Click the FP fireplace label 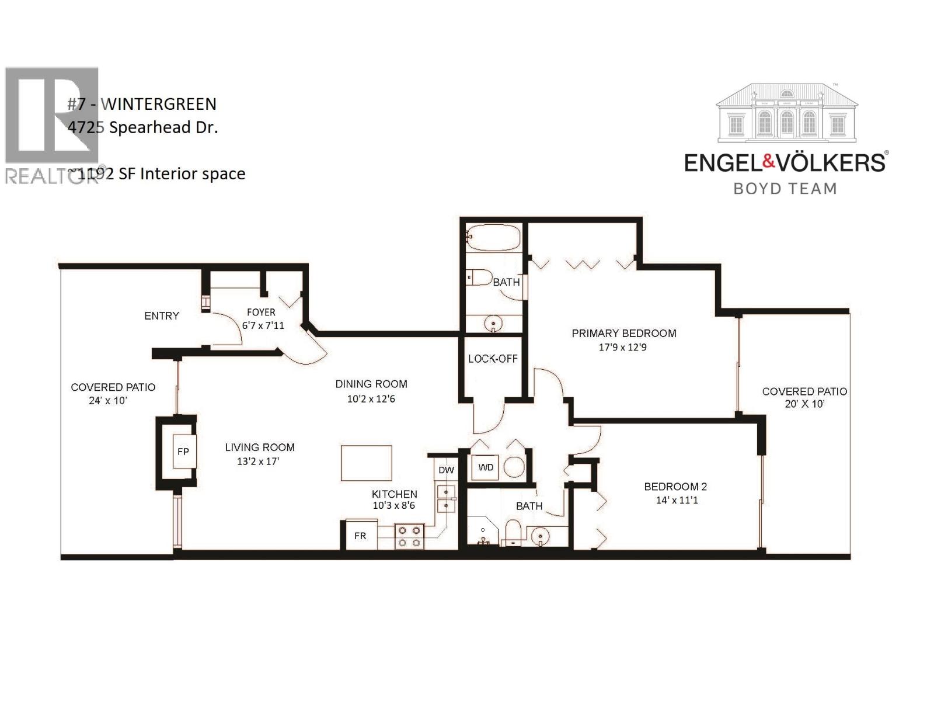pyautogui.click(x=183, y=452)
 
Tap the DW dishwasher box pyautogui.click(x=446, y=470)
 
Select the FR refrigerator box pyautogui.click(x=360, y=536)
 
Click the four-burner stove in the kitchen pyautogui.click(x=409, y=536)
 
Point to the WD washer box pyautogui.click(x=486, y=467)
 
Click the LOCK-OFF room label pyautogui.click(x=493, y=359)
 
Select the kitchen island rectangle pyautogui.click(x=366, y=463)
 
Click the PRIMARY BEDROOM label pyautogui.click(x=623, y=333)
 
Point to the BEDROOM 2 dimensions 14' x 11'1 pyautogui.click(x=677, y=500)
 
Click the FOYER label pyautogui.click(x=261, y=313)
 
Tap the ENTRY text pyautogui.click(x=162, y=315)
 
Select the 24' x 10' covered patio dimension pyautogui.click(x=108, y=401)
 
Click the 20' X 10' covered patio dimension pyautogui.click(x=804, y=404)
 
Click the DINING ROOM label pyautogui.click(x=371, y=384)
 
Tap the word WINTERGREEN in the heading pyautogui.click(x=159, y=104)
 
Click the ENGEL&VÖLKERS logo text pyautogui.click(x=785, y=162)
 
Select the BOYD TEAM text pyautogui.click(x=785, y=189)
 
